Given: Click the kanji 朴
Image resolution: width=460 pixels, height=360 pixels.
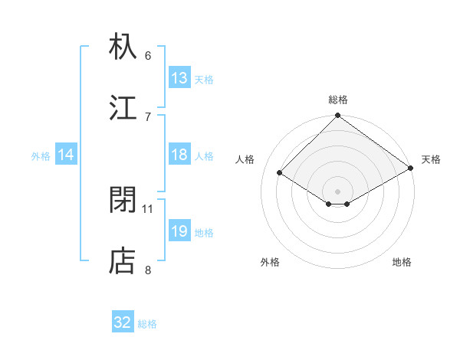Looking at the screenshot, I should click(x=123, y=47).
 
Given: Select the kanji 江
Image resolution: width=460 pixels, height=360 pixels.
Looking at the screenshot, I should click(x=123, y=106).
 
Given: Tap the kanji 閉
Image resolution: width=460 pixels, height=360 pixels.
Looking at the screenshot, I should click(x=123, y=200).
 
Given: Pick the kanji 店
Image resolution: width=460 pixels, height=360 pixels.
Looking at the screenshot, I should click(x=123, y=261).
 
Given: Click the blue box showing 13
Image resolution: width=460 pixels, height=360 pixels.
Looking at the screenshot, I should click(x=179, y=78).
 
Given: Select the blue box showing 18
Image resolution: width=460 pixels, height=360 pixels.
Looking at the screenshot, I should click(x=179, y=155).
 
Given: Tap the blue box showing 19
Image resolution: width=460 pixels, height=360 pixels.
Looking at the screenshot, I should click(x=179, y=231).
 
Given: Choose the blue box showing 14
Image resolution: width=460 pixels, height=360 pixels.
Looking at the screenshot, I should click(x=66, y=155).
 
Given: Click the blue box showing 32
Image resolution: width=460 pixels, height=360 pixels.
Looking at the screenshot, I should click(x=123, y=322).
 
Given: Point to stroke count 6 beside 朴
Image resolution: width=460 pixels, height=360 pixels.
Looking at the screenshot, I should click(x=148, y=56).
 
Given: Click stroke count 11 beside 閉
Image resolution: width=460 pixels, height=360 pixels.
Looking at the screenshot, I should click(x=148, y=208).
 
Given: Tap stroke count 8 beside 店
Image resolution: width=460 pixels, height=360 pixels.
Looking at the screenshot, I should click(x=148, y=270).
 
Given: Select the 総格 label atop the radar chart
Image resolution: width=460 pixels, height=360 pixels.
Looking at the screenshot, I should click(x=338, y=100).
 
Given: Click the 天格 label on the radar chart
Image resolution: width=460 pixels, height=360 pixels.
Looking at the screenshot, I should click(x=431, y=159).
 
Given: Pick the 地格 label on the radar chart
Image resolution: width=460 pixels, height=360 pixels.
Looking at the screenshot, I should click(x=402, y=262).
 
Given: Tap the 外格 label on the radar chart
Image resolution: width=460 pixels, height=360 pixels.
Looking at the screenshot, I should click(x=270, y=262).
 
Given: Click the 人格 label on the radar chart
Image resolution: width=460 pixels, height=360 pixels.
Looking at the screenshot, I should click(x=245, y=159).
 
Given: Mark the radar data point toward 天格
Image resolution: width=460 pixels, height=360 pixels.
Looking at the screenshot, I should click(x=410, y=168).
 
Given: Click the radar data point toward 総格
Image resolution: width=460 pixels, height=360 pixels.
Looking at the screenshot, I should click(x=338, y=116).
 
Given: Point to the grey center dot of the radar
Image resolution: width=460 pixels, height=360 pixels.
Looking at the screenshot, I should click(x=338, y=191).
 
